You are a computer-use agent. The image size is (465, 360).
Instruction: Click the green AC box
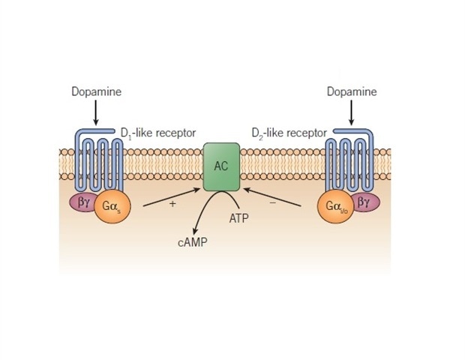(221, 166)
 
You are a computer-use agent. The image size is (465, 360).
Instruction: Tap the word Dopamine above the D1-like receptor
(96, 91)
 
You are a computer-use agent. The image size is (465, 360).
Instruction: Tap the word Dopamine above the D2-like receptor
(352, 91)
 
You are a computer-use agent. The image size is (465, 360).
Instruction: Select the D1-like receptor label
(157, 133)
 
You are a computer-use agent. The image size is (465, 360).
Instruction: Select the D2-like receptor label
(289, 133)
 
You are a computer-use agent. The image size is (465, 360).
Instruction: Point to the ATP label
(238, 219)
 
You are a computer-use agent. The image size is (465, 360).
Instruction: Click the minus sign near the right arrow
(271, 203)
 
